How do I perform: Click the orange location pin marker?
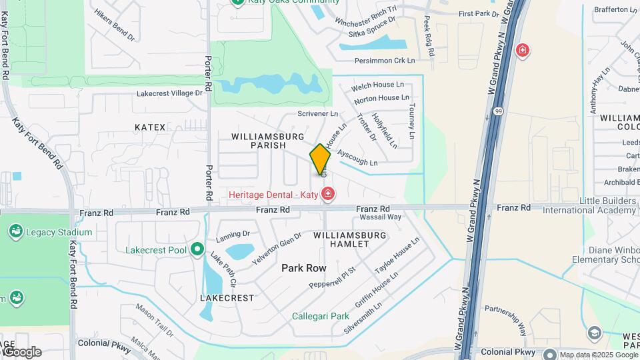point(321,159)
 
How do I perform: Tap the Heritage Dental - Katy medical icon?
point(327,195)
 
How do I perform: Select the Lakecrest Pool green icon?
point(197,250)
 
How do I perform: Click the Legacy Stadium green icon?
point(15,232)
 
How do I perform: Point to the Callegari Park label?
point(321,316)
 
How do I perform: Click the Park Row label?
point(303,268)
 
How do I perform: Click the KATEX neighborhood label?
point(149,127)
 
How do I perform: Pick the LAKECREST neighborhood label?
point(227,298)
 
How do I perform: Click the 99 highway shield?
point(498,112)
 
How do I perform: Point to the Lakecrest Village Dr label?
point(169,94)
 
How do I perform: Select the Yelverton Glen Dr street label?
point(277,249)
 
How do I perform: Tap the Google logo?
point(21,352)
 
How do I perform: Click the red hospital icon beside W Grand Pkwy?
point(522,50)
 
